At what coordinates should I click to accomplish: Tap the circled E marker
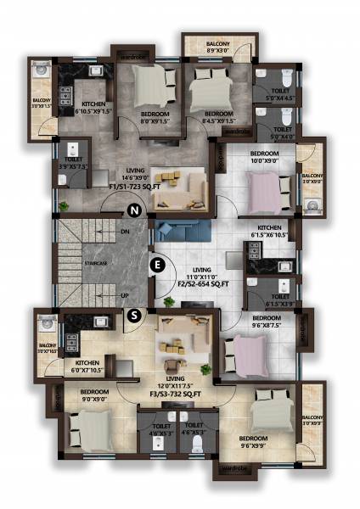pos(155,265)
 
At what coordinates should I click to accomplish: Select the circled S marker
pos(132,316)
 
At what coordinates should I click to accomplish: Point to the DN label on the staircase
pos(125,231)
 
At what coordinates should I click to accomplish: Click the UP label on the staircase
pos(125,295)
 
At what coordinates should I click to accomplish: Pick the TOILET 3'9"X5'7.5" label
pos(74,163)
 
